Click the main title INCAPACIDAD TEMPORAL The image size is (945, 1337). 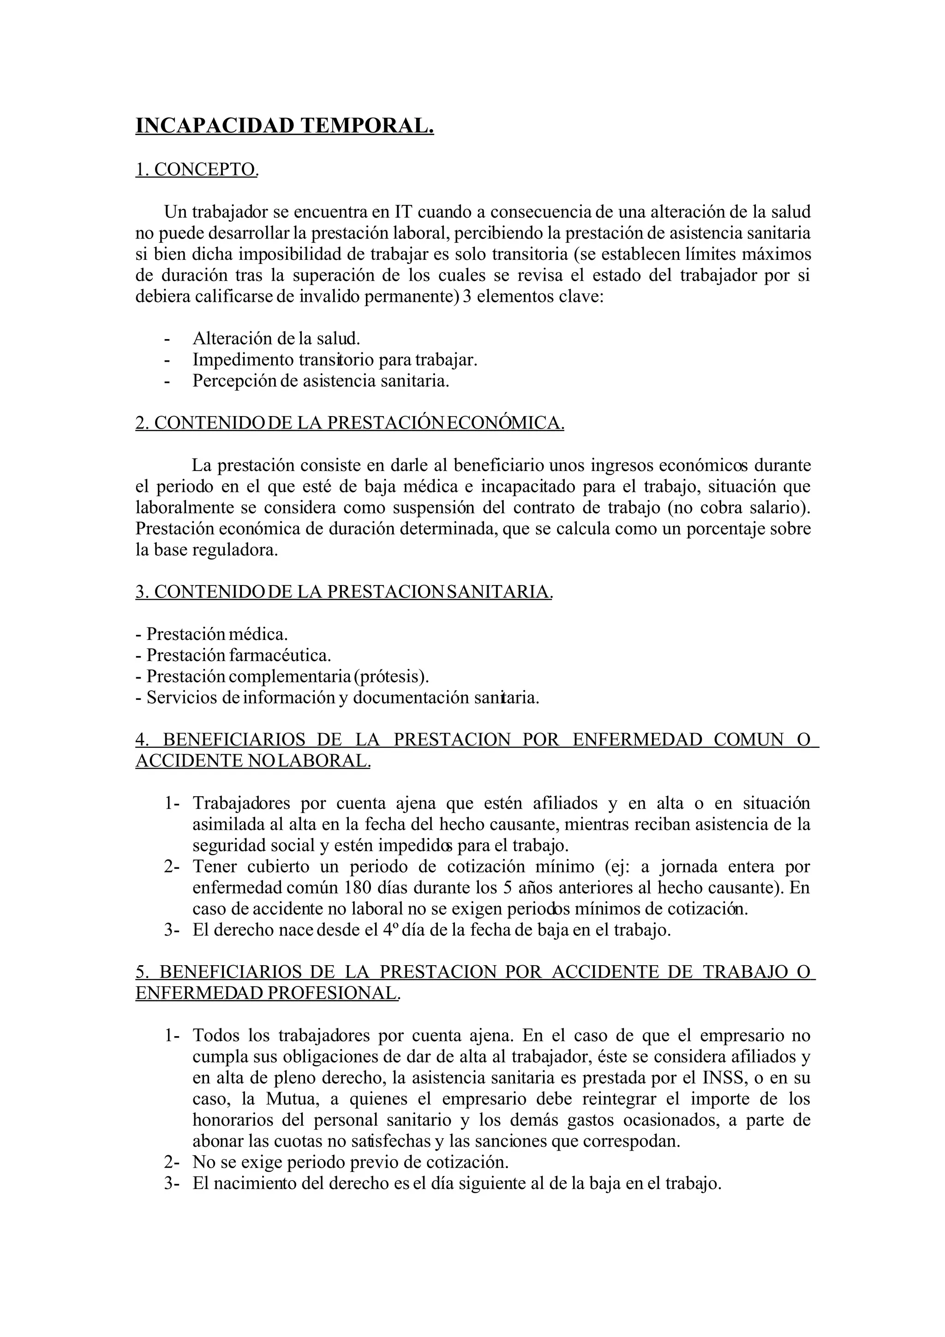[284, 126]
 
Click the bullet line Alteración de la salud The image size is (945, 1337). [276, 338]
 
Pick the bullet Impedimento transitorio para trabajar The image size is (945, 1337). [335, 359]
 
